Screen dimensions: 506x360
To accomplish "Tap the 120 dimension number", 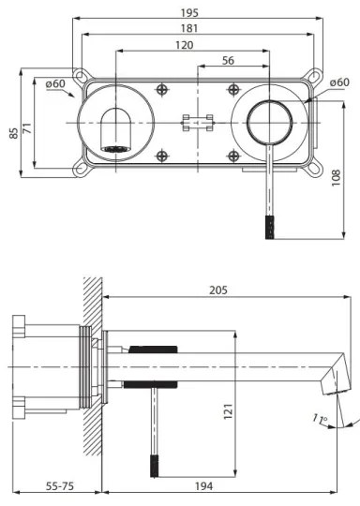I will coord(184,46).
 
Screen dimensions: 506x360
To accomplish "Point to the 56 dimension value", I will coord(227,60).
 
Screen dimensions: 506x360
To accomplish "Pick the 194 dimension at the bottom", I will coord(218,487).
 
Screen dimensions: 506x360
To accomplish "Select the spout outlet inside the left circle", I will coord(115,148).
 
